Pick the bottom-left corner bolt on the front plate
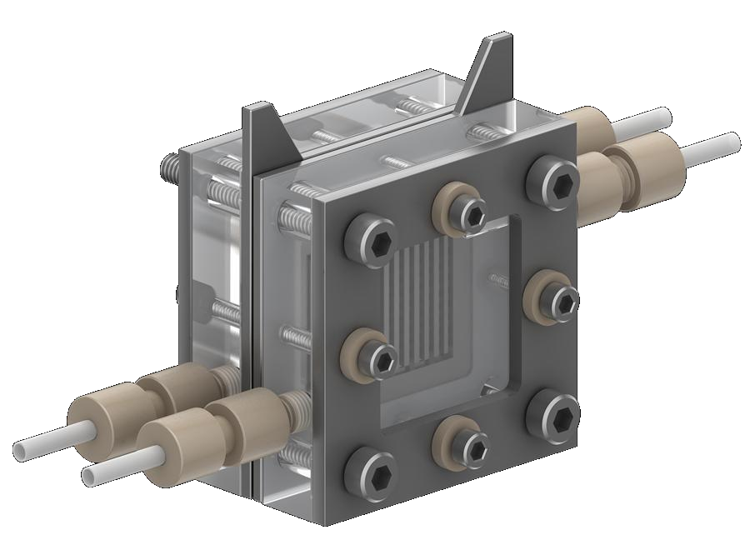(x=371, y=476)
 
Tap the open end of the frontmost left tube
(x=91, y=476)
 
